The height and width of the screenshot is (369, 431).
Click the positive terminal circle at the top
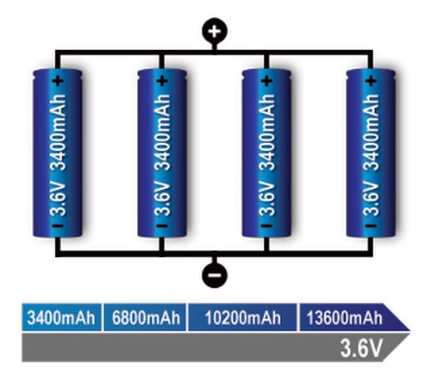coord(215,31)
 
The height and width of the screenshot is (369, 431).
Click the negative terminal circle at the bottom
coord(215,275)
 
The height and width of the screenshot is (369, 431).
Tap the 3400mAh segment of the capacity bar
coord(61,317)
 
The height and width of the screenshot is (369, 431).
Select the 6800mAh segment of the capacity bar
coord(145,317)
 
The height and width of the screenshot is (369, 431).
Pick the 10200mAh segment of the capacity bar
coord(242,317)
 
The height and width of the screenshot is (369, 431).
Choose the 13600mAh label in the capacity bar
coord(344,318)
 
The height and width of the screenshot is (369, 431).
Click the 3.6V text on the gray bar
coord(361,348)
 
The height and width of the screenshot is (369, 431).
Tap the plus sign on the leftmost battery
coord(58,81)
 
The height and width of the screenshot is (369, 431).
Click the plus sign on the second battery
coord(162,81)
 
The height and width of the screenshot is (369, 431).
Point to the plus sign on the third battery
coord(266,81)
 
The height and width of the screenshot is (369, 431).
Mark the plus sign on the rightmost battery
coord(371,81)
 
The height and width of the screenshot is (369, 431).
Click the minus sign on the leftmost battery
coord(58,226)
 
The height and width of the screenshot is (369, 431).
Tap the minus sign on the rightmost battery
coord(371,226)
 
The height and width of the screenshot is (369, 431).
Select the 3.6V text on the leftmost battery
coord(59,198)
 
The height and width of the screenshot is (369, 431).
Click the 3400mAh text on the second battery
coord(163,132)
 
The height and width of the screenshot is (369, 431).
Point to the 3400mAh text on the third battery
coord(267,132)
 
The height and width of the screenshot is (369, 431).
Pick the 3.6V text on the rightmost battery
coord(372,198)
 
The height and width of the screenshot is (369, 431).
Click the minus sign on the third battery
coord(266,226)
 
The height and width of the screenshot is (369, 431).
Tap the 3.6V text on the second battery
coord(163,198)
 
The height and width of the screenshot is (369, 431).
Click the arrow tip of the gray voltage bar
coord(410,334)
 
